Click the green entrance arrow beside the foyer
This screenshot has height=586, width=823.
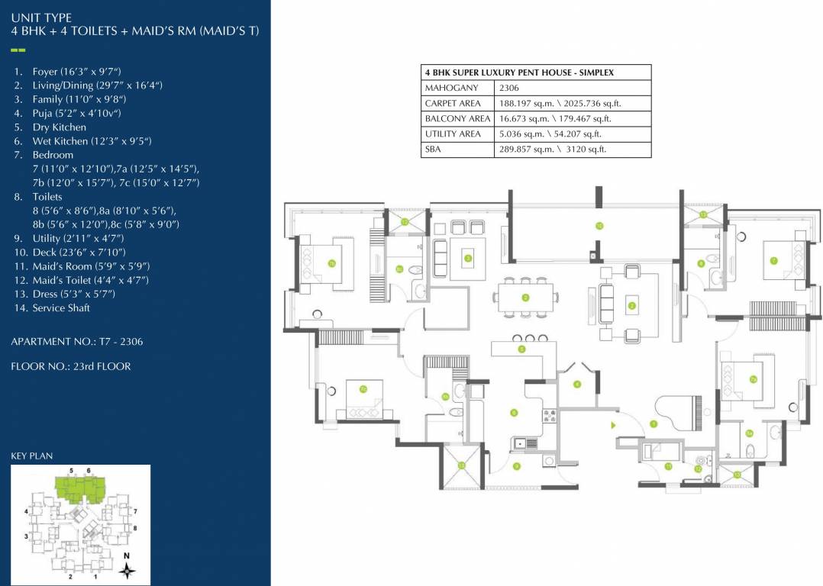click(613, 424)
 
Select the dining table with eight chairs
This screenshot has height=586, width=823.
click(525, 298)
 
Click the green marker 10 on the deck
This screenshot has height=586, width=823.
click(599, 226)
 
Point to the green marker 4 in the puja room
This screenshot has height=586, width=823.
click(577, 384)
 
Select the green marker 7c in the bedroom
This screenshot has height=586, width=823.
click(363, 389)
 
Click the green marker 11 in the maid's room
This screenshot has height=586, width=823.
click(668, 466)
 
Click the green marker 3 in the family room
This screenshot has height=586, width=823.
click(468, 258)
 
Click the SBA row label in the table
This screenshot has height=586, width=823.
click(433, 150)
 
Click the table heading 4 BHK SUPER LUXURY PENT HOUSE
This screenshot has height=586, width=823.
click(519, 72)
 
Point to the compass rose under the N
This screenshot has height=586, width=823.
click(128, 568)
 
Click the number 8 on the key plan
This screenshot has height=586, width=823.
click(134, 528)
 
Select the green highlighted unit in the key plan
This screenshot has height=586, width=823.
click(79, 489)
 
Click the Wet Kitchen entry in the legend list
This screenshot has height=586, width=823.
click(92, 141)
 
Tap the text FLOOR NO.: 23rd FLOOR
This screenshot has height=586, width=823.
click(71, 366)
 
